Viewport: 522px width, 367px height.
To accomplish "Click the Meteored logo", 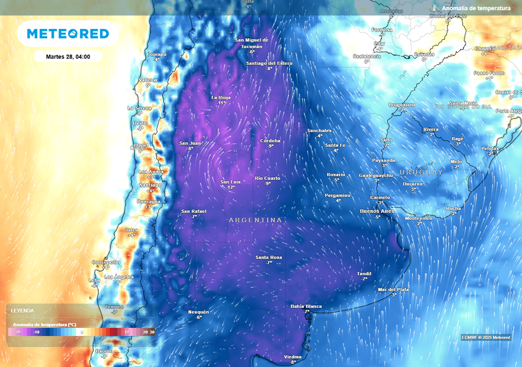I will click(68, 34).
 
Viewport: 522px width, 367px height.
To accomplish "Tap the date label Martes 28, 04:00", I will click(68, 57).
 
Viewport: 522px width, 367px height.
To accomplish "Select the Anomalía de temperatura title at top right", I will click(476, 8).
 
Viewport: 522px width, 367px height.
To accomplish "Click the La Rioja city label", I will click(221, 97).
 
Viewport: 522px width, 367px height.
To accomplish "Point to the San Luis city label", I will click(230, 182).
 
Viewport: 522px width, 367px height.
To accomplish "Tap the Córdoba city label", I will click(270, 141).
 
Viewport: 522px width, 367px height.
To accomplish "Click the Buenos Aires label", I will click(377, 211).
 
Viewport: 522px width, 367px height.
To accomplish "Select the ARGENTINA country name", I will click(255, 220).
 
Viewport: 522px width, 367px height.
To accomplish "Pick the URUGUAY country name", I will click(421, 172).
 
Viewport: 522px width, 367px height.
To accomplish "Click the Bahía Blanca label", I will click(306, 306).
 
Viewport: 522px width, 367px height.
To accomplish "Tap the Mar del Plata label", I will click(393, 290).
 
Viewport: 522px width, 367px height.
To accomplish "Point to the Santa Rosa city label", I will click(269, 257).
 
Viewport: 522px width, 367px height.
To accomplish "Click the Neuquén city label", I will click(199, 312).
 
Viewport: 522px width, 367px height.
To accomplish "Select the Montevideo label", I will click(419, 218).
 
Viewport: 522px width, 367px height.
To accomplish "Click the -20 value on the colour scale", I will click(17, 332).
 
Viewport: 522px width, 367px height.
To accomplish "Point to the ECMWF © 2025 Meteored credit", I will click(486, 337).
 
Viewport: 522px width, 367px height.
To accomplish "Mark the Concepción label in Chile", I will click(106, 262).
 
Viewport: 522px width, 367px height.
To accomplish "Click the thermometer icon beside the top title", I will click(434, 8).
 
